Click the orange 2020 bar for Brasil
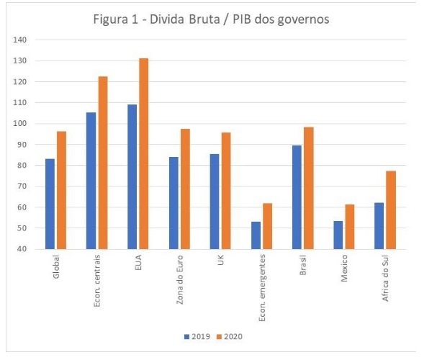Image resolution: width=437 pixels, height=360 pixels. pyautogui.click(x=308, y=188)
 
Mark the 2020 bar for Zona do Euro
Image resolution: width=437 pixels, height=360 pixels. pyautogui.click(x=185, y=189)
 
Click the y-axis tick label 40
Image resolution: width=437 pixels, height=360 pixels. pyautogui.click(x=22, y=249)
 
